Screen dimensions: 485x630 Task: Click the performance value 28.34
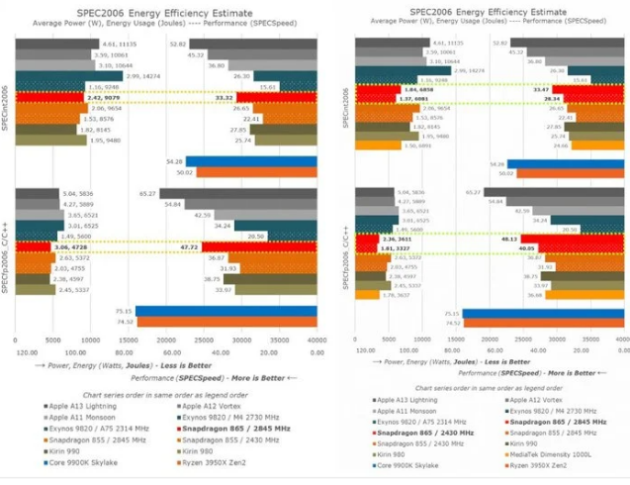click(581, 98)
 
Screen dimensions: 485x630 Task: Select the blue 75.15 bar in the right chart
click(544, 313)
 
